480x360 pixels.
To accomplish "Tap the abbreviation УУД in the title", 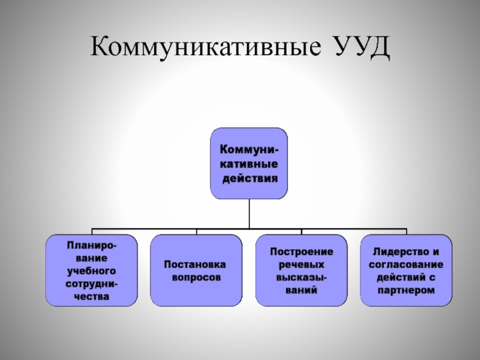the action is point(357,47).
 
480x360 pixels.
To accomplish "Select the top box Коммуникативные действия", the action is point(249,163).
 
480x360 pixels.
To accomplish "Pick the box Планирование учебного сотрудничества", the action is point(92,270).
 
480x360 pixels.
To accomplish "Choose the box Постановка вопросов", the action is point(196,270).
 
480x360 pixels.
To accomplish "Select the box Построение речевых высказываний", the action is point(302,270).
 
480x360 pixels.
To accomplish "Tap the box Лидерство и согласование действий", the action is point(406,270).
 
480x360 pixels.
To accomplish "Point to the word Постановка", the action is point(196,264).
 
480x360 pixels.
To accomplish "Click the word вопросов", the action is point(196,278).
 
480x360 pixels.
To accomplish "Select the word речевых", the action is point(302,264).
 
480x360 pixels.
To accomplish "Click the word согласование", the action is point(406,264).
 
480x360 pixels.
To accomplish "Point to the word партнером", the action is point(406,290).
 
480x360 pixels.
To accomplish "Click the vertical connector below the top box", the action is point(249,213).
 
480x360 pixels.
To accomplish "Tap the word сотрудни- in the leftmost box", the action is point(92,283).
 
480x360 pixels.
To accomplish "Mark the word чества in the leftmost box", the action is point(92,296).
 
